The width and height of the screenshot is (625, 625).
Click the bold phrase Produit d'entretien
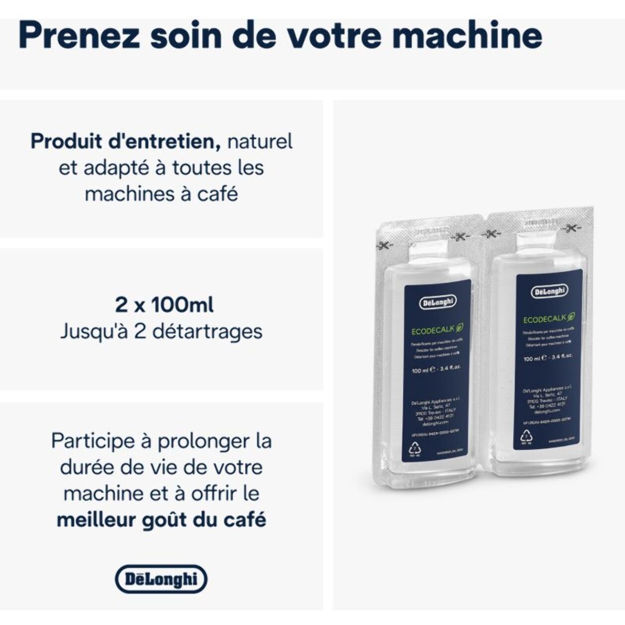pyautogui.click(x=126, y=141)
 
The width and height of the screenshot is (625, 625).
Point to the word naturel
pyautogui.click(x=260, y=141)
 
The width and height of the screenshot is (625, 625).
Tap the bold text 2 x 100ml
pyautogui.click(x=164, y=304)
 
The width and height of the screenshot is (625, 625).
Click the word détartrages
pyautogui.click(x=208, y=331)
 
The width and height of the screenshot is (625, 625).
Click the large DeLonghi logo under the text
pyautogui.click(x=161, y=579)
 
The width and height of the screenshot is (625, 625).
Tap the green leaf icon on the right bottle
pyautogui.click(x=571, y=316)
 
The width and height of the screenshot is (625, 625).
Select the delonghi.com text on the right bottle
pyautogui.click(x=548, y=411)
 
